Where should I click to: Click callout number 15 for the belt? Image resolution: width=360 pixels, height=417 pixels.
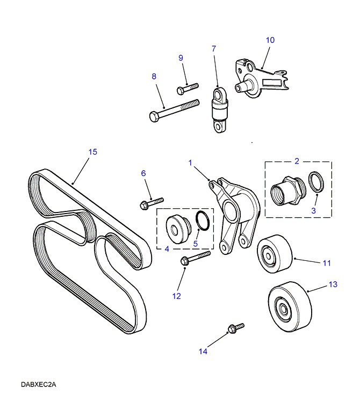click(x=92, y=152)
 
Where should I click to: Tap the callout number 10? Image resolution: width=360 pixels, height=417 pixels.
click(x=270, y=40)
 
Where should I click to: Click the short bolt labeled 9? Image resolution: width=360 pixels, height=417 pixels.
click(x=187, y=86)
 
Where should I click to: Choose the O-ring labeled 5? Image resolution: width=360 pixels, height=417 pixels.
click(x=202, y=220)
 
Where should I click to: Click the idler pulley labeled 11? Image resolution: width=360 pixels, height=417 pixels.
click(x=275, y=254)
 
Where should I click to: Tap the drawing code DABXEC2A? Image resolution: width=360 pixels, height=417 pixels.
click(x=39, y=385)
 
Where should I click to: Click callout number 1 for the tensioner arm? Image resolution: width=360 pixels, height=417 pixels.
click(x=190, y=162)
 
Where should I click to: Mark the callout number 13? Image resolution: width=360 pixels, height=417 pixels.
click(x=333, y=284)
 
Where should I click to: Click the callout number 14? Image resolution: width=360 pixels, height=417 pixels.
click(x=203, y=352)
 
